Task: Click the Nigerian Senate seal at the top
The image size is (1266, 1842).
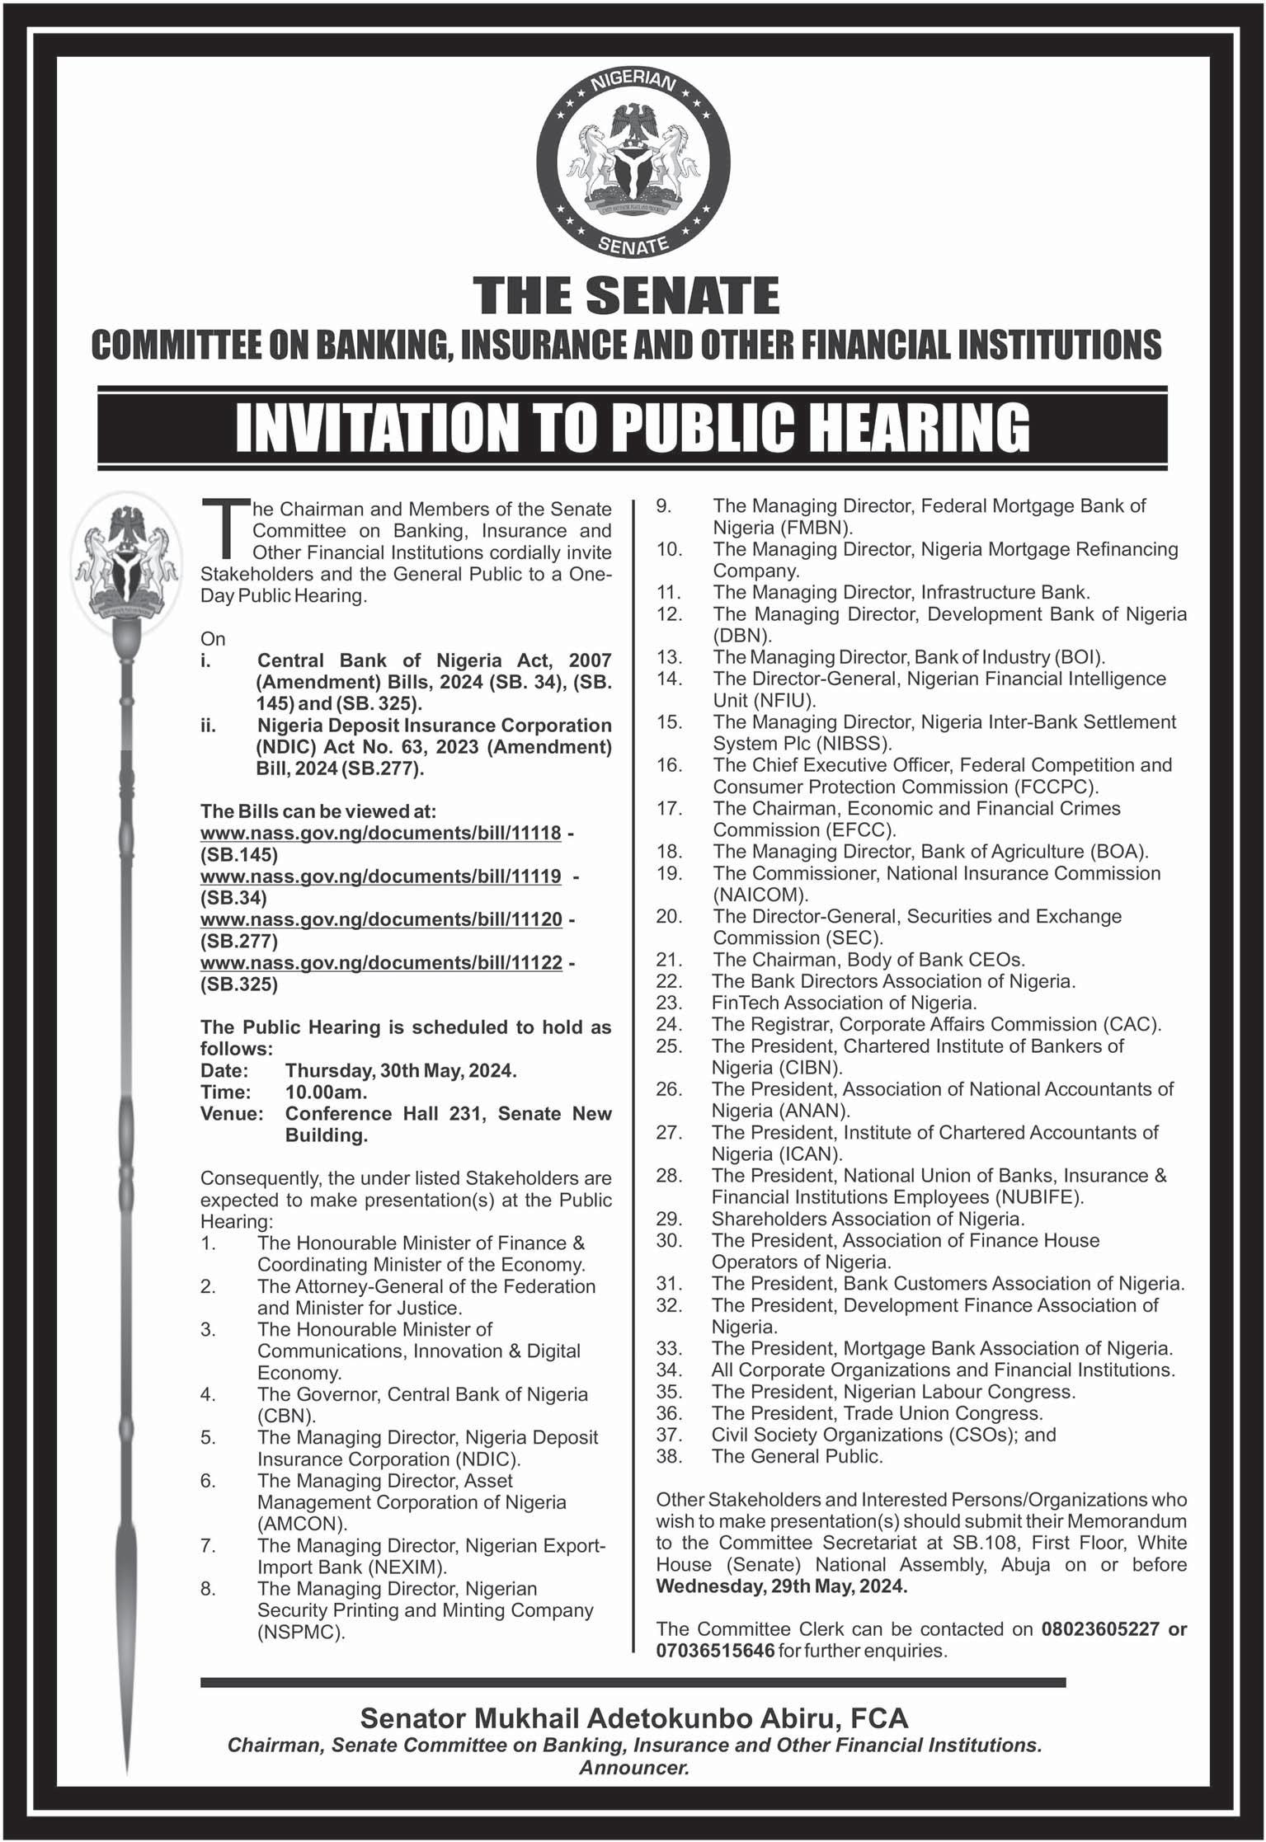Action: click(x=633, y=162)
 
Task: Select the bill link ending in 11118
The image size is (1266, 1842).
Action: click(x=381, y=833)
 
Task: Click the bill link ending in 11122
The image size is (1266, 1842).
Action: click(x=381, y=962)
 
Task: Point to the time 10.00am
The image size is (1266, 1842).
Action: click(x=326, y=1092)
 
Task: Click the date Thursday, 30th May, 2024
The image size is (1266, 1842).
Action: click(x=401, y=1070)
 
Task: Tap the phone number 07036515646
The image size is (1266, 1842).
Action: click(x=715, y=1650)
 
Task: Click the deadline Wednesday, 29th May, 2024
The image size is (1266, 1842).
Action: click(x=781, y=1586)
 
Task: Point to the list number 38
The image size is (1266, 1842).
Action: click(x=669, y=1455)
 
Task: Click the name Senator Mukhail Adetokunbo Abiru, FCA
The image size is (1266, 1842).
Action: click(x=634, y=1717)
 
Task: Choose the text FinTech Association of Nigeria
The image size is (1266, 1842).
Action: click(x=844, y=1003)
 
